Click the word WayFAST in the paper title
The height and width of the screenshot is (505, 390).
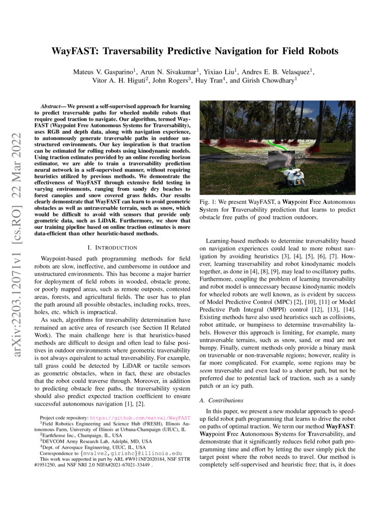[75, 51]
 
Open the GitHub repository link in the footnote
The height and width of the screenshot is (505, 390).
[140, 418]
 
